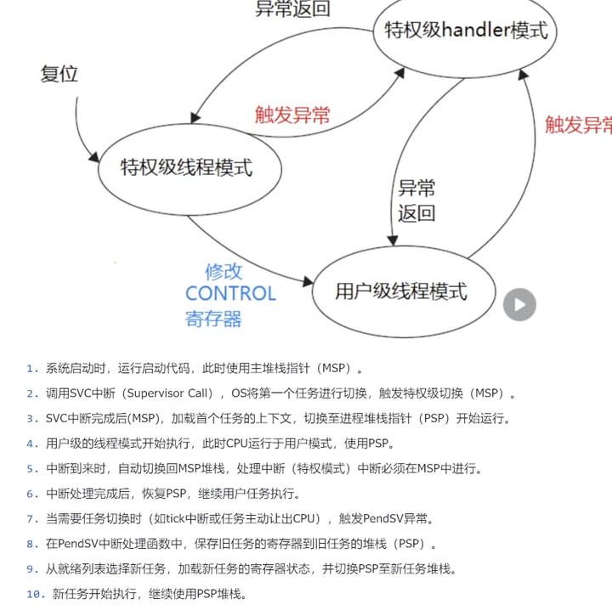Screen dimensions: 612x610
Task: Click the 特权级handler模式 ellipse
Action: [x=467, y=31]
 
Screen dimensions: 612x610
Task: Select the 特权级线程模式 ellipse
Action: [x=187, y=167]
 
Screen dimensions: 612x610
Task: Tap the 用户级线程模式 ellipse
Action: [x=401, y=291]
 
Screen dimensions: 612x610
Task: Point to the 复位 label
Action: [x=59, y=74]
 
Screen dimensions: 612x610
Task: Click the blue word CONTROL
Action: [x=230, y=294]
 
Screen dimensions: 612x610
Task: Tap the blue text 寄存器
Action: [x=213, y=319]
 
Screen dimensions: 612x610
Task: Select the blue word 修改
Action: [x=224, y=271]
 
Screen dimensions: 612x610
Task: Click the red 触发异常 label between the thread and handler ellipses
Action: [x=292, y=115]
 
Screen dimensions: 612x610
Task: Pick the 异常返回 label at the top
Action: [x=293, y=9]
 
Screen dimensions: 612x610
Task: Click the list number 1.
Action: [x=31, y=369]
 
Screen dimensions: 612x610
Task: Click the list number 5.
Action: [x=31, y=469]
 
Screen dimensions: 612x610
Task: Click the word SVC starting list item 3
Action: [x=58, y=419]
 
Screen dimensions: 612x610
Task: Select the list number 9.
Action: [x=31, y=569]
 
